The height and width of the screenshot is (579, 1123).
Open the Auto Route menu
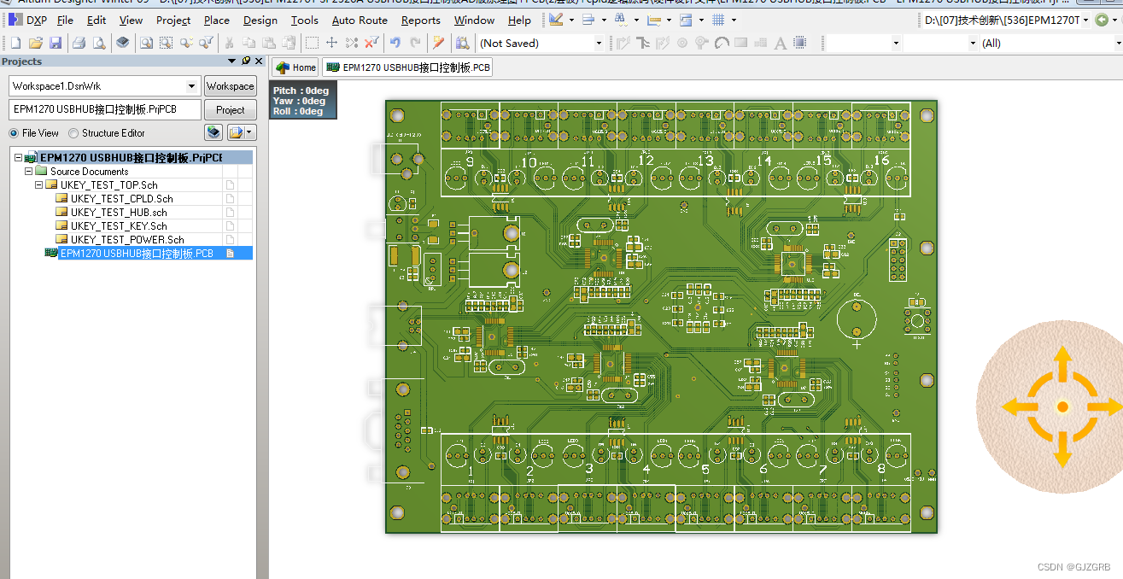pyautogui.click(x=360, y=20)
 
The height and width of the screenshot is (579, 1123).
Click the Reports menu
pyautogui.click(x=420, y=20)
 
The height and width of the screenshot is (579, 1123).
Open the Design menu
pyautogui.click(x=260, y=20)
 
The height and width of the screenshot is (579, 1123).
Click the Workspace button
pyautogui.click(x=230, y=86)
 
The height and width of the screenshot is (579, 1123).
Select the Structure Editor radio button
pyautogui.click(x=74, y=133)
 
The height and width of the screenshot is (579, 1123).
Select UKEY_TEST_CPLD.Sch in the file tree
pyautogui.click(x=121, y=199)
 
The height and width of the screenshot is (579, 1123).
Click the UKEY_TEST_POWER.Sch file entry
pyautogui.click(x=126, y=240)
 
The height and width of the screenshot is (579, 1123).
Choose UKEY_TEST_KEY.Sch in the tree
pyautogui.click(x=119, y=226)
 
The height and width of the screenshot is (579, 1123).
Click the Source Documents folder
pyautogui.click(x=89, y=172)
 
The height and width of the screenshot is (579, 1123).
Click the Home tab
pyautogui.click(x=295, y=67)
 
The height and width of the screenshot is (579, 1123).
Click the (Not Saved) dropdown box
pyautogui.click(x=540, y=43)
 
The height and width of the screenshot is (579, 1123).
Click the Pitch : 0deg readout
pyautogui.click(x=301, y=91)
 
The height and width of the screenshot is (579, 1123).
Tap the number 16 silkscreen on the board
pyautogui.click(x=881, y=161)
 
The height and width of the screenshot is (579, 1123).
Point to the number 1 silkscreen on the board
pyautogui.click(x=471, y=471)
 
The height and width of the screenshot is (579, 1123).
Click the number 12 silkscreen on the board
pyautogui.click(x=646, y=161)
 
